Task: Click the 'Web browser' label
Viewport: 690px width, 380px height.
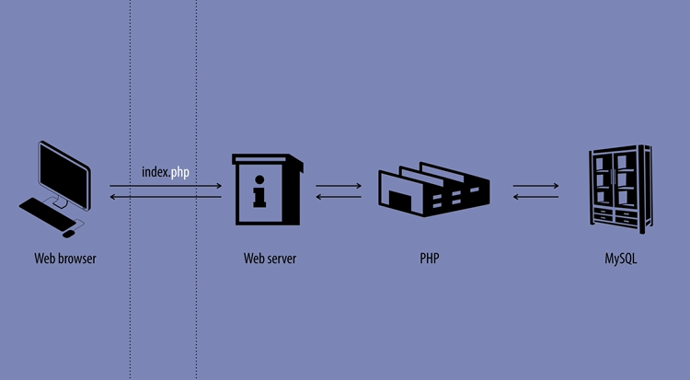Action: point(65,259)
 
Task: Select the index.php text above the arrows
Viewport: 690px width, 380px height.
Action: point(166,172)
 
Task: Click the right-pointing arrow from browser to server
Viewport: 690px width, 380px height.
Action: point(166,187)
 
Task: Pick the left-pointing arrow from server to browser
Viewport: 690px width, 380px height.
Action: point(166,197)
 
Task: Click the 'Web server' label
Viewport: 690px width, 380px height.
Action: point(270,259)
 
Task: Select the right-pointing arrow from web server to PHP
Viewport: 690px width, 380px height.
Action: point(338,187)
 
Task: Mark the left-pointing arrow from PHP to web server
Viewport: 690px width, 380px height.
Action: point(338,197)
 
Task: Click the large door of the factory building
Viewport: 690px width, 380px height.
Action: point(401,202)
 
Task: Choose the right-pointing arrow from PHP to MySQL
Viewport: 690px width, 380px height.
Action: point(535,187)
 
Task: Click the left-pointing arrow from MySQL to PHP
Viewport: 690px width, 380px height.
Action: point(535,197)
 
